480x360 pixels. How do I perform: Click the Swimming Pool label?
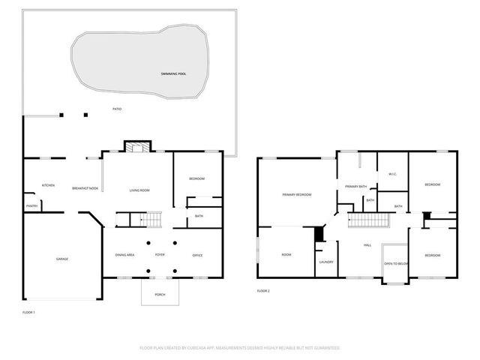point(173,73)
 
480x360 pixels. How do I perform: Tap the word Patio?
point(117,109)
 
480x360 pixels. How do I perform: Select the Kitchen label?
point(48,185)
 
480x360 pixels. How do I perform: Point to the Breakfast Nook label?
point(85,188)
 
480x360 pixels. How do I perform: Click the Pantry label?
point(32,205)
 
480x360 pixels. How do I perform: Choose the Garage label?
point(62,259)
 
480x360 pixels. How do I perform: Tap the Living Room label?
point(139,190)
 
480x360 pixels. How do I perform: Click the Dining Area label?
point(125,255)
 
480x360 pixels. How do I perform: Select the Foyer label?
point(160,255)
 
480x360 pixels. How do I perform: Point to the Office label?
point(198,255)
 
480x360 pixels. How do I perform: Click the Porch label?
point(160,294)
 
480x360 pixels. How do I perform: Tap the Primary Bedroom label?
point(297,194)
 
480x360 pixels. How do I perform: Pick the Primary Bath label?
point(356,186)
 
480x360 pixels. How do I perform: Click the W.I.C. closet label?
point(392,175)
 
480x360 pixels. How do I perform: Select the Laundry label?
point(325,262)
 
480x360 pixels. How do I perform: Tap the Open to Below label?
point(395,264)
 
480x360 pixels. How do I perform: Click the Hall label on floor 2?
point(367,245)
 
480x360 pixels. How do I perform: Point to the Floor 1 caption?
point(29,311)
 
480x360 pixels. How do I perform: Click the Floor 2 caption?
point(263,290)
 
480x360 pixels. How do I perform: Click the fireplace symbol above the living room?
point(137,147)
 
